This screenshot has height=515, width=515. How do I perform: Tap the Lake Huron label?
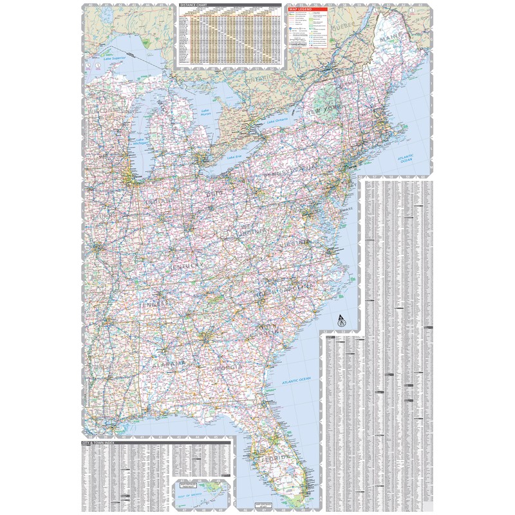click(x=205, y=112)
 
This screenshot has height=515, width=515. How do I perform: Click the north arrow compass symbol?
click(x=339, y=318)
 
